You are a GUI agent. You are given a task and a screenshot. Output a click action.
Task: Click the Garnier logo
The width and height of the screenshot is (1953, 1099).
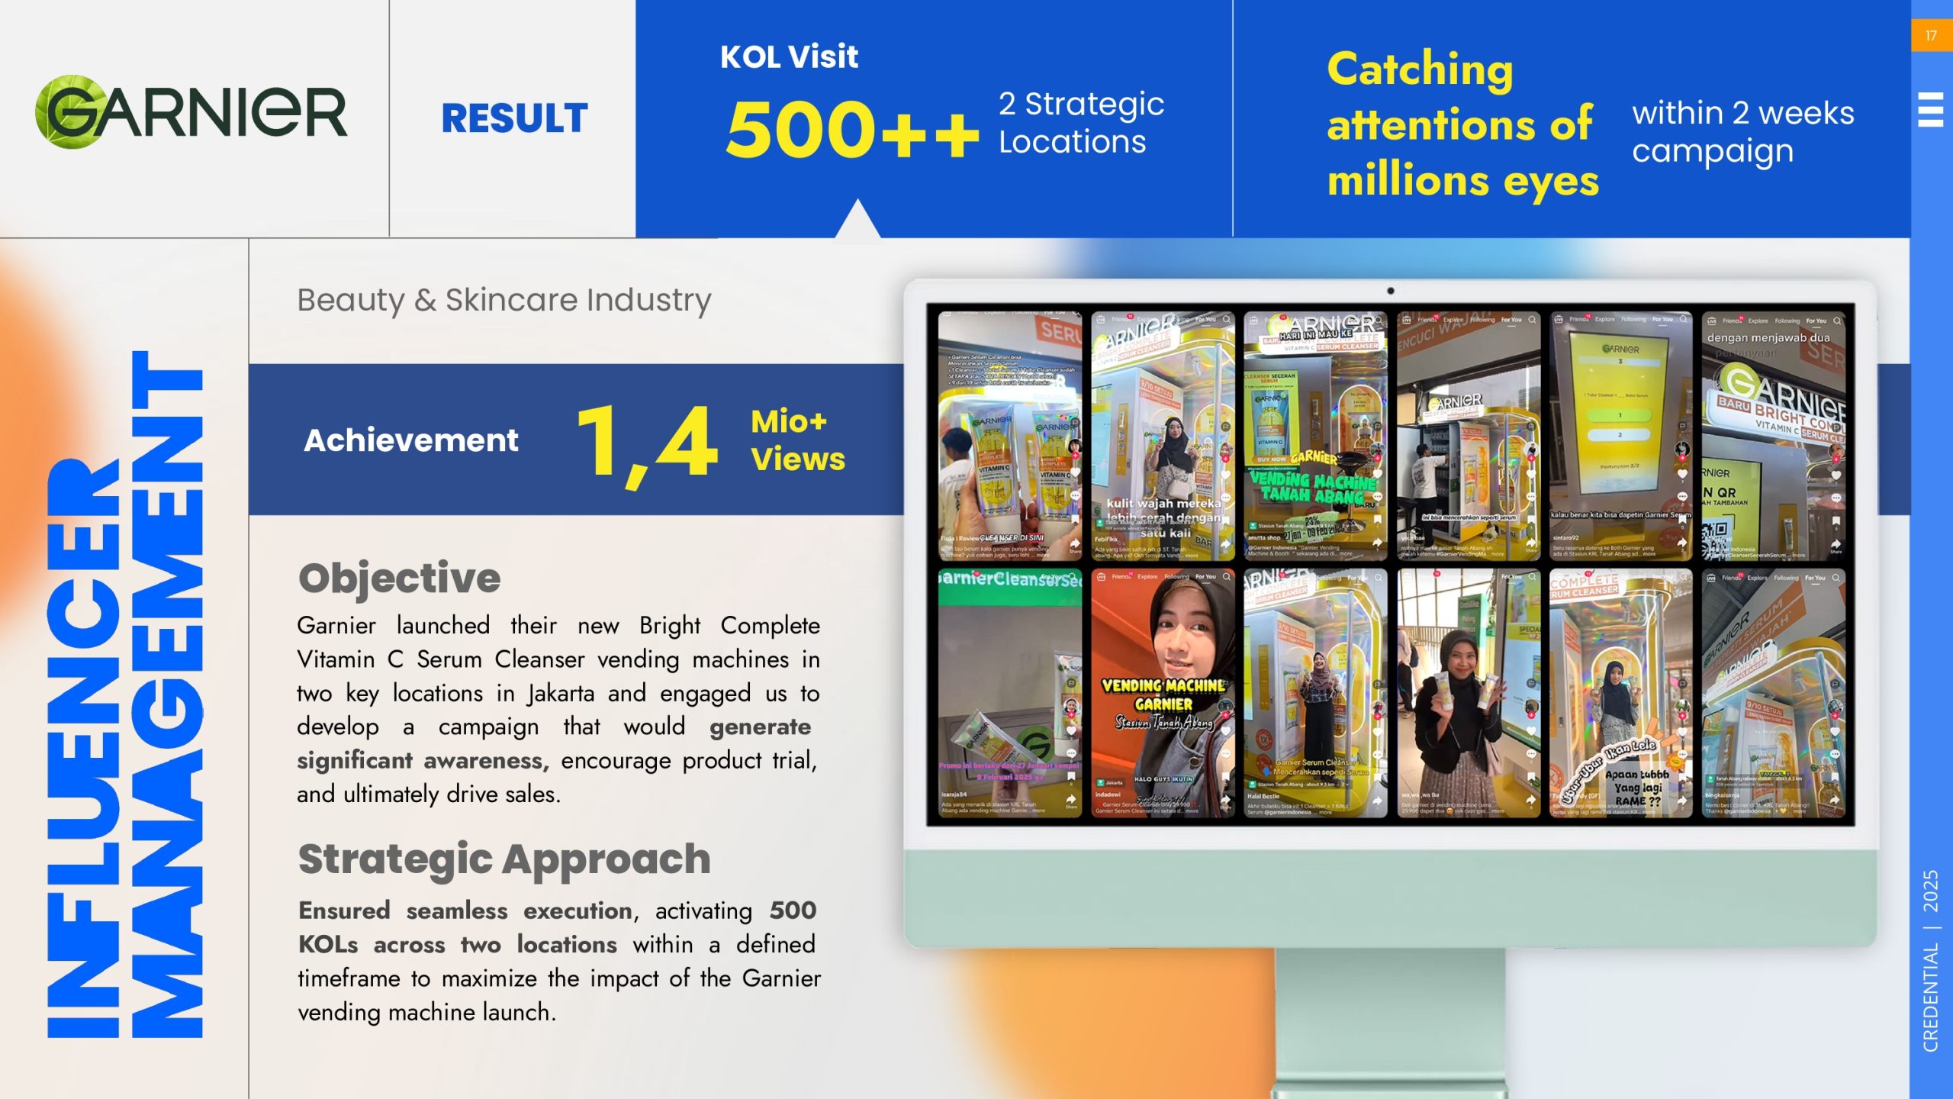click(191, 112)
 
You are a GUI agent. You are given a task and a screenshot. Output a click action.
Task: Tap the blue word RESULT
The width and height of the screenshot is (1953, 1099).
click(515, 118)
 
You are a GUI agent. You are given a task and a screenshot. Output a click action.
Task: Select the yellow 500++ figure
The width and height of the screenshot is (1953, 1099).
click(851, 130)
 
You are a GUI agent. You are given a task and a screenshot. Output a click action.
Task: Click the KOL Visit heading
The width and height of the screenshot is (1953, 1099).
click(789, 57)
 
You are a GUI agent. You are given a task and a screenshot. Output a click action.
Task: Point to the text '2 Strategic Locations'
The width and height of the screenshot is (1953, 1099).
click(1081, 123)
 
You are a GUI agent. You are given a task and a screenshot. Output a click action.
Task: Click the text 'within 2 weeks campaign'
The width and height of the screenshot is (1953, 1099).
click(1742, 132)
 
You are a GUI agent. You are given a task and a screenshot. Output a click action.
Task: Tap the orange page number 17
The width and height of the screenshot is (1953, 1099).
click(1931, 36)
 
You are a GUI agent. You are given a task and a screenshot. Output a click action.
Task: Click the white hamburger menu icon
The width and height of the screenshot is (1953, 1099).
click(1930, 109)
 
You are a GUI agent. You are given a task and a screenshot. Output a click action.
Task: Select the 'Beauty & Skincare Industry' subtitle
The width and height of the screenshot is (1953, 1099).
click(504, 300)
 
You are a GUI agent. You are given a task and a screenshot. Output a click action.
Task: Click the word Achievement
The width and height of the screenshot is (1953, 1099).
click(411, 440)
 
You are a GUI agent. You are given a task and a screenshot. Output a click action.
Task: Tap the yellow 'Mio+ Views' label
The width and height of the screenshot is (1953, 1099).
click(797, 440)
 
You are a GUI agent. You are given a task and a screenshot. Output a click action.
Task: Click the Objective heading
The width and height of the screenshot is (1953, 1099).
click(400, 578)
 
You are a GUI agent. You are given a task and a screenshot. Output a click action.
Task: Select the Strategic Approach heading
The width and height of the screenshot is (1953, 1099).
click(504, 859)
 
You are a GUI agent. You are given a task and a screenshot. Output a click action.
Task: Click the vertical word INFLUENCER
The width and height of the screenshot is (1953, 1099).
click(84, 748)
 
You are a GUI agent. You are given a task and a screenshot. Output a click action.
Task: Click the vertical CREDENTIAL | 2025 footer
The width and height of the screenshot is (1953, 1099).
click(1930, 962)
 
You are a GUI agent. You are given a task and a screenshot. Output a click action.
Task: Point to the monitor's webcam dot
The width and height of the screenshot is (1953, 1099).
click(1391, 291)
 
